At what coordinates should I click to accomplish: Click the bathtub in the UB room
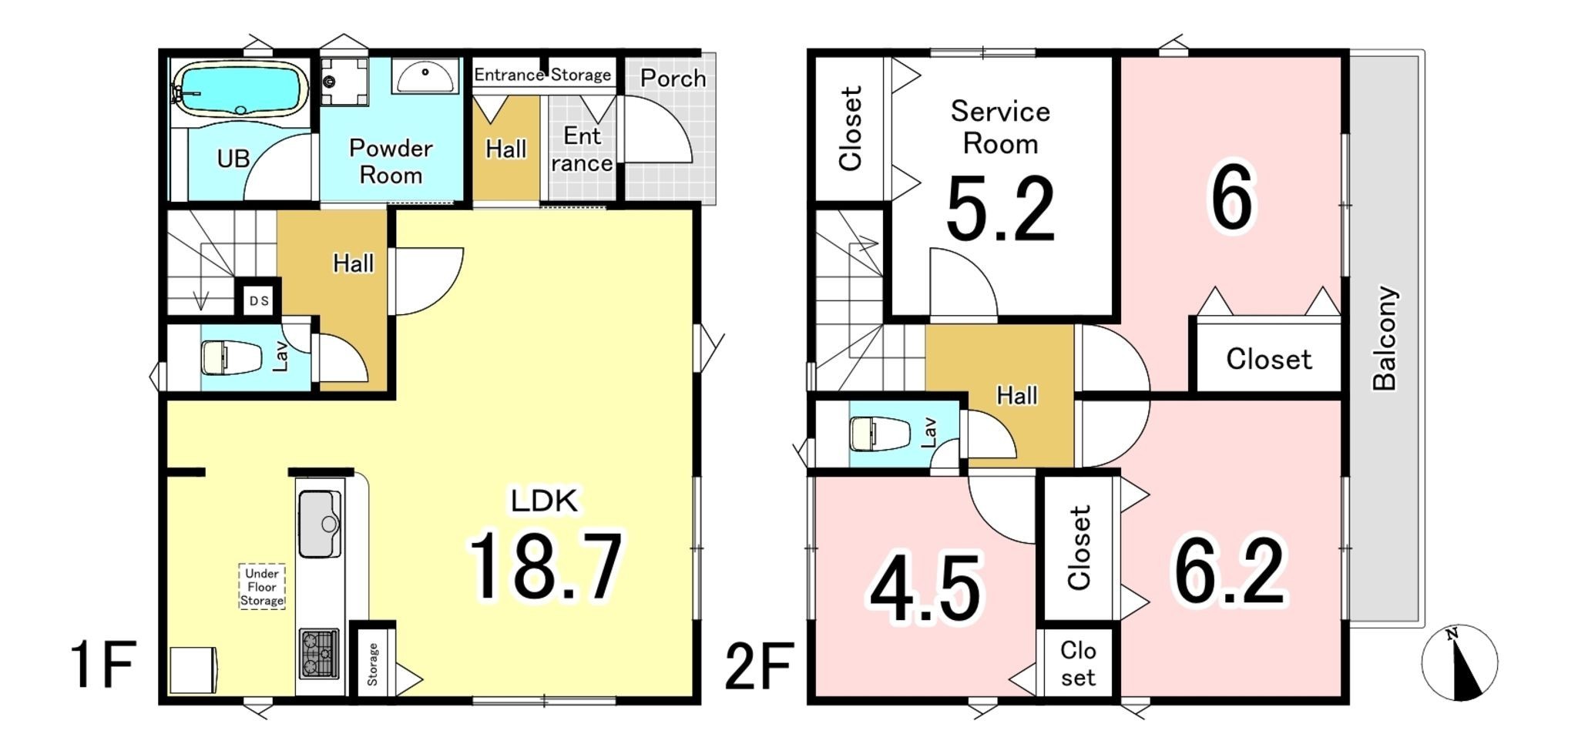(x=240, y=89)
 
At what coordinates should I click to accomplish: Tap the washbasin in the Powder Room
(x=424, y=76)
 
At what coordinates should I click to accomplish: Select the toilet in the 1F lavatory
(x=230, y=357)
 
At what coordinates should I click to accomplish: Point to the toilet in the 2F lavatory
(x=877, y=434)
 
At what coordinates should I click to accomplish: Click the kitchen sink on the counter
(x=320, y=524)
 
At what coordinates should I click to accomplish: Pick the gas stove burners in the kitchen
(x=319, y=654)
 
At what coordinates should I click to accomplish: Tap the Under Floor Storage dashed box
(x=262, y=587)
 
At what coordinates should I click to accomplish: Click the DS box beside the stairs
(x=259, y=300)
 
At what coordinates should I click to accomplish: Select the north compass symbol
(x=1459, y=663)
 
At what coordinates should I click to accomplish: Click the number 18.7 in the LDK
(x=546, y=567)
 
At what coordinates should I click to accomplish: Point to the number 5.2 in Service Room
(x=1000, y=209)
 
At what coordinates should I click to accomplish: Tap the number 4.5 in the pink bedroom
(x=925, y=589)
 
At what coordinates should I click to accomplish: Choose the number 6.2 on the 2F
(x=1229, y=572)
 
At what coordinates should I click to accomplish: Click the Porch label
(x=673, y=78)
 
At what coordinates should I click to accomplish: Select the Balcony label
(x=1385, y=338)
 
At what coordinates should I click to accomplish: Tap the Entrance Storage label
(x=542, y=75)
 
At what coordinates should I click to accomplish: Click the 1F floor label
(x=103, y=665)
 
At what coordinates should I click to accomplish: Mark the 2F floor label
(x=759, y=667)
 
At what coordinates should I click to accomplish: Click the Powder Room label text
(x=391, y=161)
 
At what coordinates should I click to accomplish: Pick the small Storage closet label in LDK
(x=373, y=665)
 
